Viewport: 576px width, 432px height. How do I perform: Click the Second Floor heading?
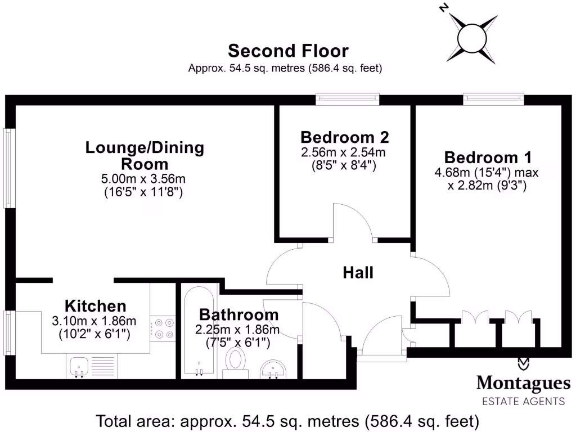click(x=288, y=51)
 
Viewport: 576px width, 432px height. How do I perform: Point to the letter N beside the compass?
click(x=444, y=8)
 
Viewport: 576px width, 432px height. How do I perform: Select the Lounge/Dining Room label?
click(x=145, y=156)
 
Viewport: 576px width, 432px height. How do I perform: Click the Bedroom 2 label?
click(x=344, y=137)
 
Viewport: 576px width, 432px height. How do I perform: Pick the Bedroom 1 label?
click(x=487, y=157)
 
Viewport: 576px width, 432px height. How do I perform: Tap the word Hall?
click(x=358, y=273)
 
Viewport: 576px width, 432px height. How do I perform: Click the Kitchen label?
click(x=96, y=307)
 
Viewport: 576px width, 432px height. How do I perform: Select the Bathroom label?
click(x=238, y=314)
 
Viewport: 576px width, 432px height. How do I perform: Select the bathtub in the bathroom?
click(x=198, y=332)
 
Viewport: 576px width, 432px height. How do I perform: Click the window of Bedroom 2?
click(x=347, y=99)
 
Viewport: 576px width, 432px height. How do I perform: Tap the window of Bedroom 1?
click(x=493, y=99)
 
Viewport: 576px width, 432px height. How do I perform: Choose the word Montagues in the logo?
click(x=523, y=384)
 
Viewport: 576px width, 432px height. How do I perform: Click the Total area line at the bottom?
click(x=288, y=421)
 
